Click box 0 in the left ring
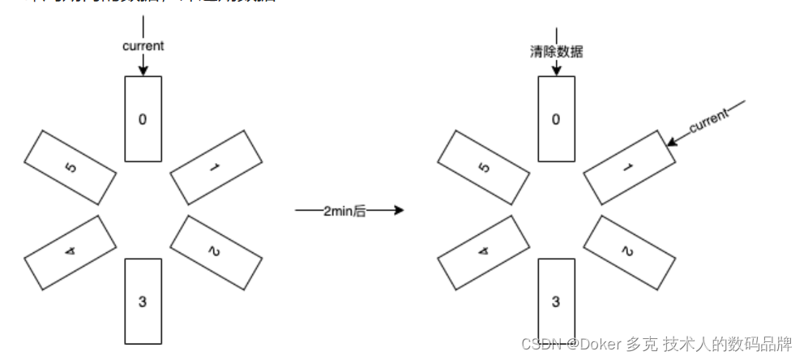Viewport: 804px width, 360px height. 143,119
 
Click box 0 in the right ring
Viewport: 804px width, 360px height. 556,119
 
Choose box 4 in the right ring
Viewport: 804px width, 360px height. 484,250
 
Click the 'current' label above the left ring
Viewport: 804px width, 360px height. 143,46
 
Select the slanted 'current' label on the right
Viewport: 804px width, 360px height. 708,122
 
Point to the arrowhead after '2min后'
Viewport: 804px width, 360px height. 398,211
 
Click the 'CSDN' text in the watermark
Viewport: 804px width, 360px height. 537,345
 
